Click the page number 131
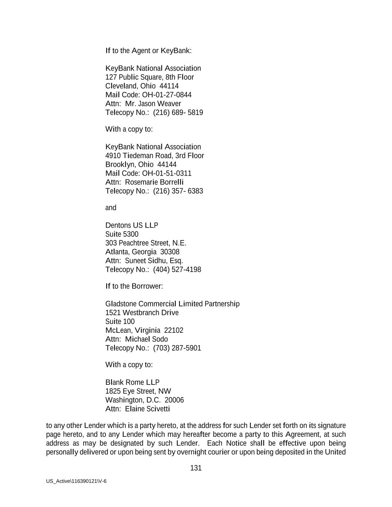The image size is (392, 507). [x=196, y=468]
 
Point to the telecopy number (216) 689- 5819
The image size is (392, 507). [x=178, y=113]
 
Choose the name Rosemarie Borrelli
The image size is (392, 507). [x=154, y=182]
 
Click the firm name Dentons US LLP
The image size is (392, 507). [x=132, y=225]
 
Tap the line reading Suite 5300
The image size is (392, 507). [x=122, y=234]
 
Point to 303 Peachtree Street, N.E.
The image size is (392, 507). [x=146, y=243]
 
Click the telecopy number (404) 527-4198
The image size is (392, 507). [x=177, y=270]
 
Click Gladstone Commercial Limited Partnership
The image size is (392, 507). [x=172, y=304]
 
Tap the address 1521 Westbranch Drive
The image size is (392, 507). [x=142, y=313]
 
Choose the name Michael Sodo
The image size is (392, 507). [x=146, y=339]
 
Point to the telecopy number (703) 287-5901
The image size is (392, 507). [x=177, y=348]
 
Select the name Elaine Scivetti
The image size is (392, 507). [x=148, y=409]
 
